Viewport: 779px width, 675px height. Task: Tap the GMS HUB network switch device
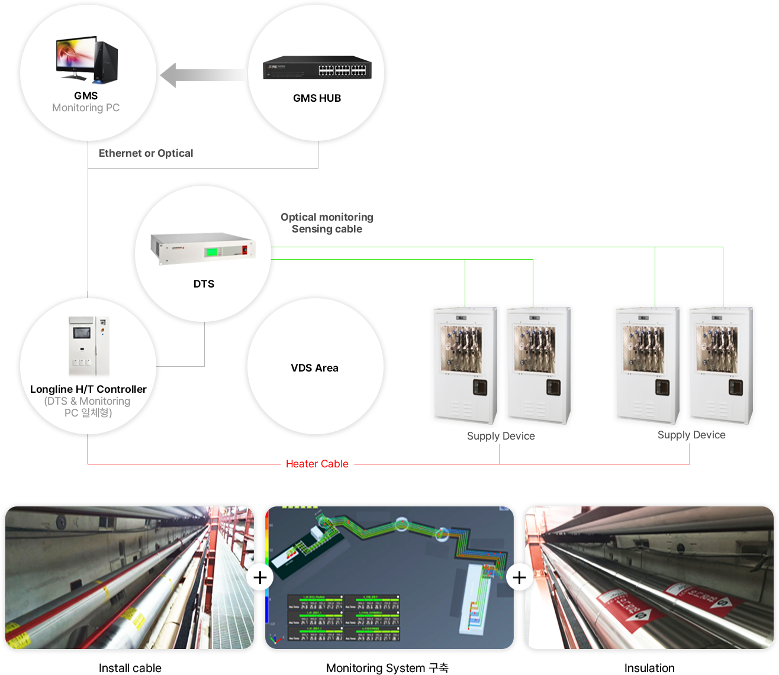point(317,68)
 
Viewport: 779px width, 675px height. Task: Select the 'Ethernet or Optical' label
point(146,153)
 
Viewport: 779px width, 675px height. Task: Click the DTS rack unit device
point(203,247)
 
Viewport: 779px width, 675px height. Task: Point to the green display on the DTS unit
point(211,252)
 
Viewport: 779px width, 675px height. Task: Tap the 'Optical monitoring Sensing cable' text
point(327,223)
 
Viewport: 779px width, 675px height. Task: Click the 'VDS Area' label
point(314,368)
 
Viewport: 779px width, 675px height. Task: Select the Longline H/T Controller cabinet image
point(89,347)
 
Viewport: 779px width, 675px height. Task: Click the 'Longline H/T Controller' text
point(88,389)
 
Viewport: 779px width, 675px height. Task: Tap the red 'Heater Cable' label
point(317,464)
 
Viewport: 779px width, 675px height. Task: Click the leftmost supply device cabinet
point(463,364)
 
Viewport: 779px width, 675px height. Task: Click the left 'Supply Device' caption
point(501,436)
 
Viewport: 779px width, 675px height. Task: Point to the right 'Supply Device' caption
point(691,435)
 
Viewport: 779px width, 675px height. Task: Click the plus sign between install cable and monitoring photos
point(260,577)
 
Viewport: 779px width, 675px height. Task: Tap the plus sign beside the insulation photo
point(519,577)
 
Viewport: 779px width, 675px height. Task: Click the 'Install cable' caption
point(130,668)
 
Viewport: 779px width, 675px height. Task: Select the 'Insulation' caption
point(649,668)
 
